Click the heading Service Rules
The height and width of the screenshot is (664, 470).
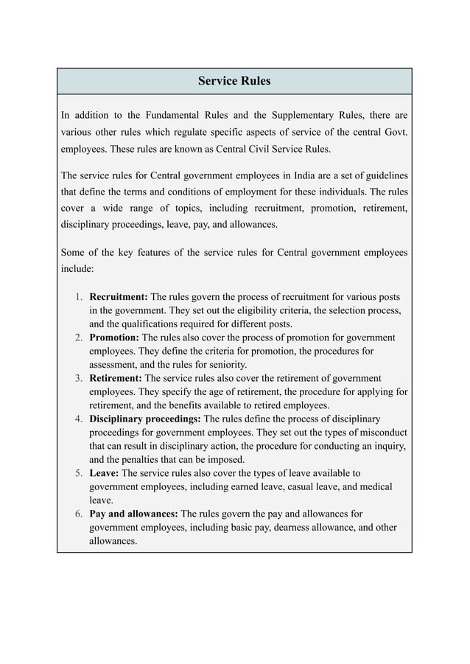(234, 81)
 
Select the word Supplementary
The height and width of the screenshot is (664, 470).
(308, 116)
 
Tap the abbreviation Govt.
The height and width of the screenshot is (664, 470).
(395, 132)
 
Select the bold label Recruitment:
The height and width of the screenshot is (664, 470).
(118, 297)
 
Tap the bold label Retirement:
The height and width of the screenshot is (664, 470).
(115, 378)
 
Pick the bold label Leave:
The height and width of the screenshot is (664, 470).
(103, 473)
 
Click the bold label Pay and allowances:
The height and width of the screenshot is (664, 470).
(133, 514)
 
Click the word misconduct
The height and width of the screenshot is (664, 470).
(381, 433)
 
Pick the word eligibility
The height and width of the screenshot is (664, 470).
(236, 311)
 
